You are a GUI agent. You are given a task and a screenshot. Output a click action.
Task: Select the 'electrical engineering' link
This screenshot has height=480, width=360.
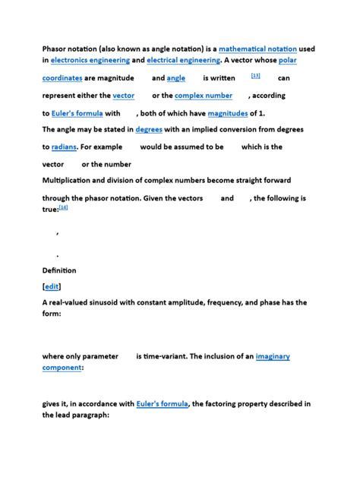pos(184,59)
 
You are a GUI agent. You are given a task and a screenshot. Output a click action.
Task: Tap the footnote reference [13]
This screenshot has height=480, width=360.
pos(255,76)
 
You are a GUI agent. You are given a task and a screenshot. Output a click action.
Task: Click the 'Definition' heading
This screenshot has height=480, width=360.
pos(59,270)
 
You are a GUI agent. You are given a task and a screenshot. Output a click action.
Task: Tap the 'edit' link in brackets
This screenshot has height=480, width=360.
pos(52,286)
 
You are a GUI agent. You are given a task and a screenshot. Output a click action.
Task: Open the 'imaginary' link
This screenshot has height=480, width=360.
pos(273,356)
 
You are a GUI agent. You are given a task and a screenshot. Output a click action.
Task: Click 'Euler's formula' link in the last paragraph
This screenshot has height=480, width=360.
pos(163,404)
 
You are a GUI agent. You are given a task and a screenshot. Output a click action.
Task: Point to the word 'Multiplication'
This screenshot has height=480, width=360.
pos(71,181)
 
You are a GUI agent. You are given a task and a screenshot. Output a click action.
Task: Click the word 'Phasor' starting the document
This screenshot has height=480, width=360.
pos(57,49)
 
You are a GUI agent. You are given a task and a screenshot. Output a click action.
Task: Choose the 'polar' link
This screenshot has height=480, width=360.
pos(288,59)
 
